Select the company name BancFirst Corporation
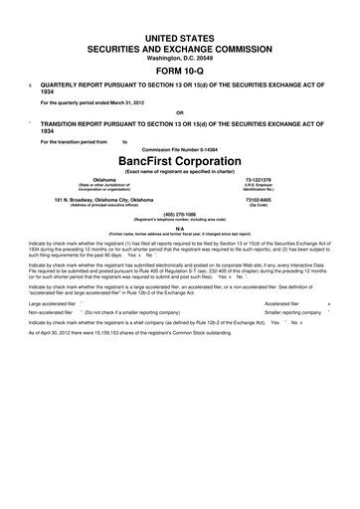point(179,160)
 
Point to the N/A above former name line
point(179,228)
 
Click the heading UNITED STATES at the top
point(179,35)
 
